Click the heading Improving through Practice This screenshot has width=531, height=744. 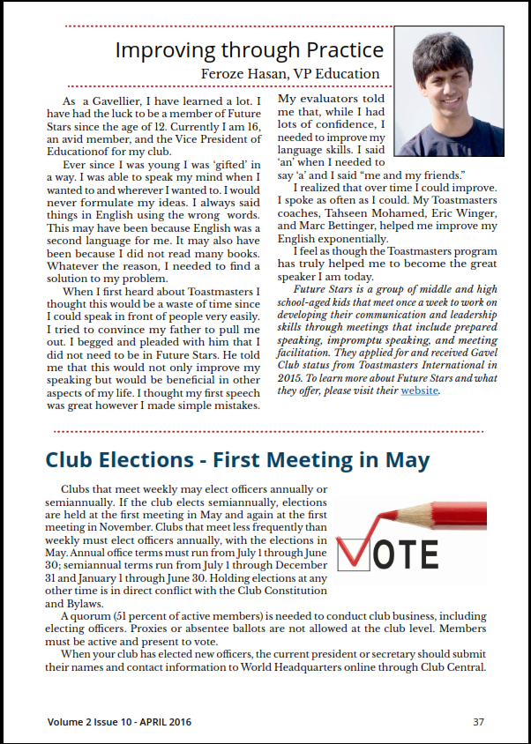250,49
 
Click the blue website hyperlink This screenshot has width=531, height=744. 420,390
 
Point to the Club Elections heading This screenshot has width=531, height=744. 237,460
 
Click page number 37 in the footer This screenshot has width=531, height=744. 478,721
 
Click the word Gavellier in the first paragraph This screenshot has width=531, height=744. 108,102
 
